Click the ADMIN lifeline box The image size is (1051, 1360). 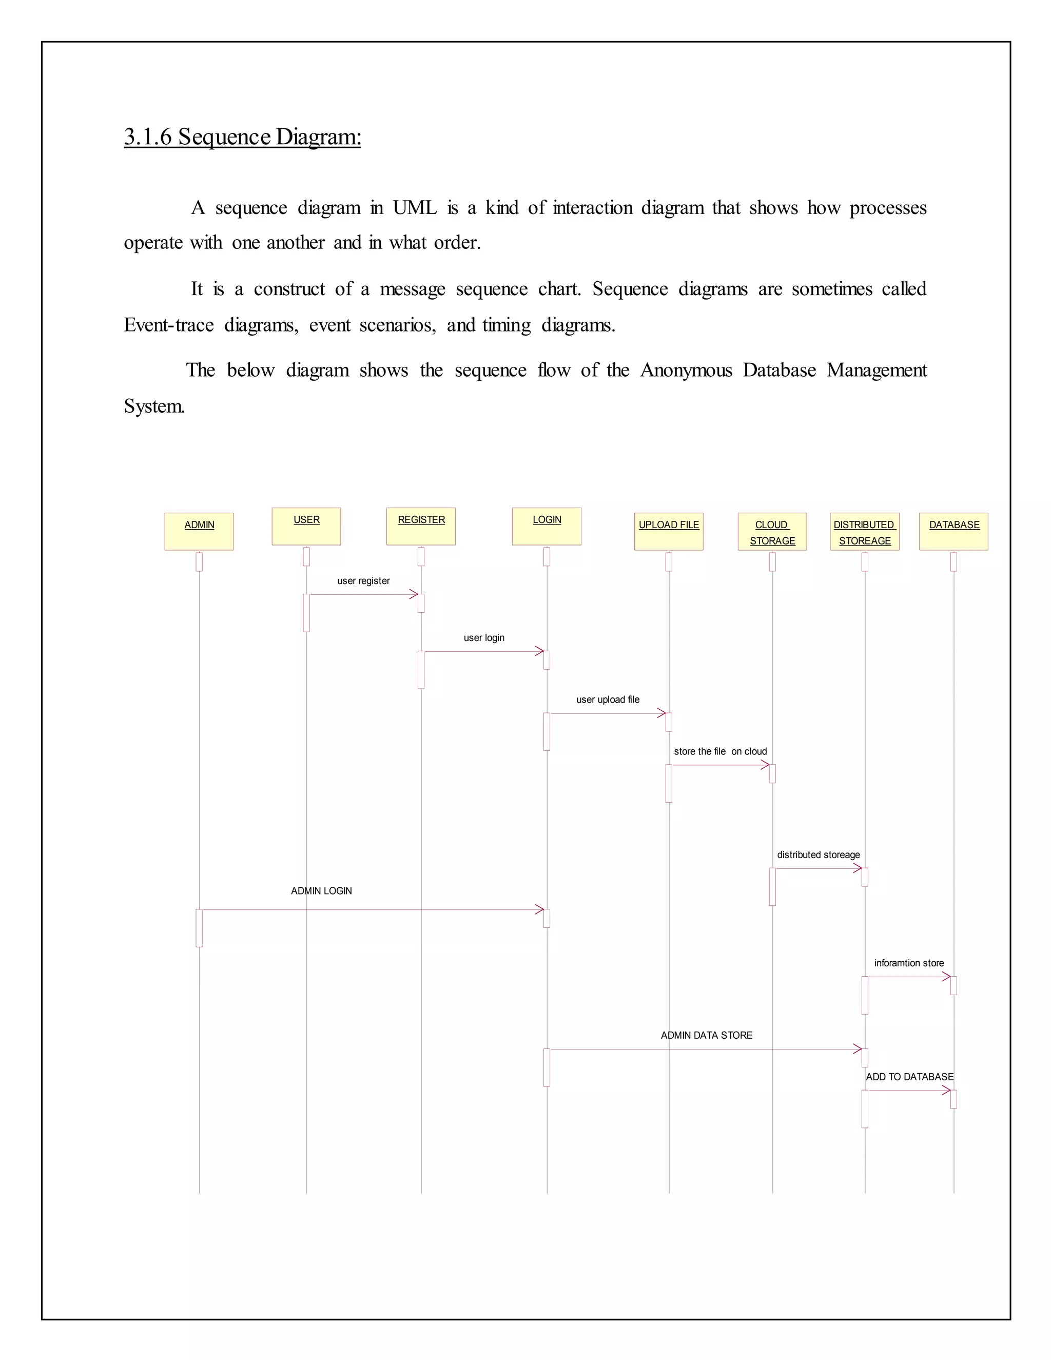pyautogui.click(x=199, y=531)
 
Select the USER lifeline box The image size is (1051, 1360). pyautogui.click(x=306, y=526)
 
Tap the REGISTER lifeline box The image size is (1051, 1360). pyautogui.click(x=421, y=526)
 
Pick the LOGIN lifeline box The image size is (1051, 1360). pyautogui.click(x=547, y=526)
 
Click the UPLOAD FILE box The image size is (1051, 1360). pyautogui.click(x=669, y=531)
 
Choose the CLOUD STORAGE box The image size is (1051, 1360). pyautogui.click(x=772, y=531)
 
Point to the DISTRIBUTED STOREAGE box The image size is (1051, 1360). pyautogui.click(x=864, y=531)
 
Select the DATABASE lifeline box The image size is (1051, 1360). pyautogui.click(x=953, y=531)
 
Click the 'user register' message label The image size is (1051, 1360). pyautogui.click(x=364, y=581)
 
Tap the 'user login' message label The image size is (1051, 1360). pyautogui.click(x=484, y=637)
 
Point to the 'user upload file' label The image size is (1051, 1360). pyautogui.click(x=608, y=700)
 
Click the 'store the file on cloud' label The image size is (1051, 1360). pyautogui.click(x=720, y=752)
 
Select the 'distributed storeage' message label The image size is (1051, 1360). pyautogui.click(x=818, y=855)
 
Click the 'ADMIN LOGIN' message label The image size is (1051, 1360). pyautogui.click(x=321, y=891)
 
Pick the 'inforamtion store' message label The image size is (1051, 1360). pyautogui.click(x=908, y=963)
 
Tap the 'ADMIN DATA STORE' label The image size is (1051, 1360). pyautogui.click(x=706, y=1036)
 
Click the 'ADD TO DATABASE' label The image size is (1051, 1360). pyautogui.click(x=909, y=1077)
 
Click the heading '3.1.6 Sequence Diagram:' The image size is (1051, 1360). pyautogui.click(x=242, y=137)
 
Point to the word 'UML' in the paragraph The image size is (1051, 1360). pyautogui.click(x=415, y=207)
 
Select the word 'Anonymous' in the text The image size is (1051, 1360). pyautogui.click(x=686, y=370)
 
